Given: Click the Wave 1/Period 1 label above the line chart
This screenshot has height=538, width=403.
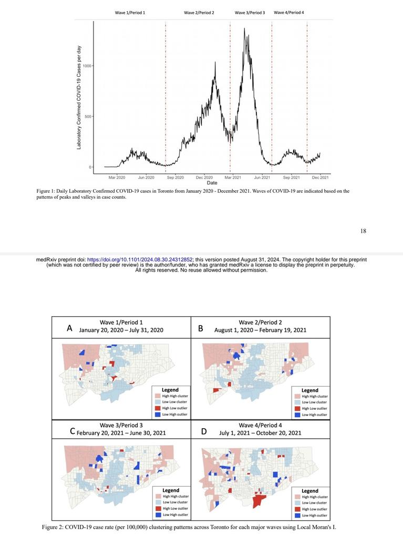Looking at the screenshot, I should (130, 13).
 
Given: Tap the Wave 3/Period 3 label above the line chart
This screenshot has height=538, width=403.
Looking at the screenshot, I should (250, 13).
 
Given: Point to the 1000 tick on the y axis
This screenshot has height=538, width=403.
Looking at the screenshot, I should (87, 66).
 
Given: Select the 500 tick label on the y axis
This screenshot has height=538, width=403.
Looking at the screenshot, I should (88, 117).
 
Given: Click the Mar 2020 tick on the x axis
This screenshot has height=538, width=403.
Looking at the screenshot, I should (117, 178).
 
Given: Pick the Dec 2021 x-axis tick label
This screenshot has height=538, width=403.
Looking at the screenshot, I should (321, 178).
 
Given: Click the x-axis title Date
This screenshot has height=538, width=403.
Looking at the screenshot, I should (212, 183).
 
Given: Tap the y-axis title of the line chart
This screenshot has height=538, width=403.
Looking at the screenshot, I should (79, 97).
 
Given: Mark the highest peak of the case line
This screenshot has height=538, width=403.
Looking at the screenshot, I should (244, 29).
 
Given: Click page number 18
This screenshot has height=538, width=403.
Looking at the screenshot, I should (363, 231).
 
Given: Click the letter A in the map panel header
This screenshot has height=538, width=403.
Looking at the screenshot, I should (69, 328).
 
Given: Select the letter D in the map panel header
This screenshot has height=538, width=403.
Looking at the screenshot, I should (203, 431).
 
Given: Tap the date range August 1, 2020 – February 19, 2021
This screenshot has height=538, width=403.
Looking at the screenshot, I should (260, 330).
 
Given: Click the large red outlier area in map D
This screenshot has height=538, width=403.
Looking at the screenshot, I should (259, 499).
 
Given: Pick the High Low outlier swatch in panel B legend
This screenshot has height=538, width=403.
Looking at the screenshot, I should (297, 408).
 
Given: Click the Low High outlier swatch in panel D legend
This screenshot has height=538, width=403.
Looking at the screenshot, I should (297, 515).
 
